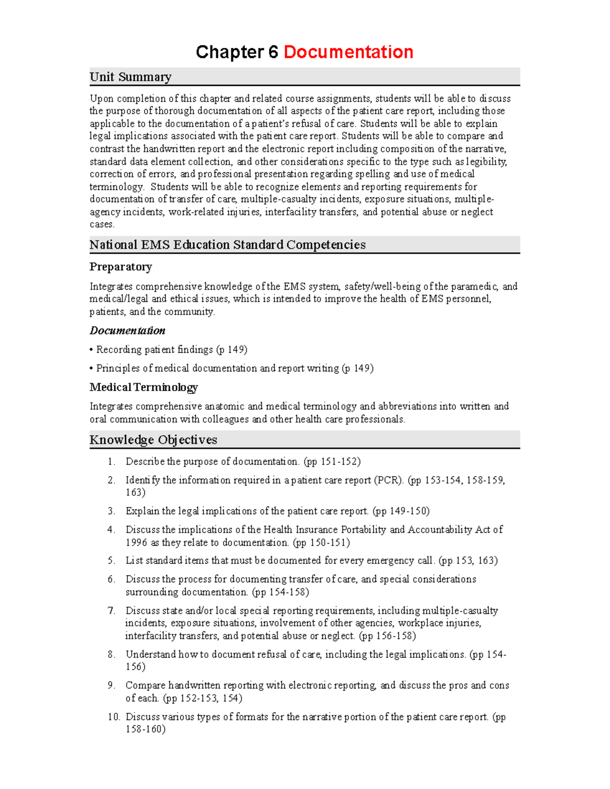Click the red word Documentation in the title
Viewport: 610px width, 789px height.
coord(348,52)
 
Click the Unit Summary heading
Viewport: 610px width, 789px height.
coord(130,77)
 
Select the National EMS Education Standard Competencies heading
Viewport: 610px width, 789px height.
coord(227,245)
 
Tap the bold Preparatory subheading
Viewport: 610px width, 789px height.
coord(120,267)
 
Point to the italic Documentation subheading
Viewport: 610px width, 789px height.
coord(127,331)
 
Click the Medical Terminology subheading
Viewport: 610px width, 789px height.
coord(143,388)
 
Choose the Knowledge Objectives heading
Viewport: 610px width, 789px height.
coord(153,440)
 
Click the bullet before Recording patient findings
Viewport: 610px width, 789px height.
coord(91,350)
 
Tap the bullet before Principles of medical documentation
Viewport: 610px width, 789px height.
coord(91,368)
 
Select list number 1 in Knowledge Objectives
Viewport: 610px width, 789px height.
coord(111,462)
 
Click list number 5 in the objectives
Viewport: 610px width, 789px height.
coord(111,560)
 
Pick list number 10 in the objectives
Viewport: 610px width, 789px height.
coord(113,717)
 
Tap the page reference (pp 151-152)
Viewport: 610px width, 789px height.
coord(332,462)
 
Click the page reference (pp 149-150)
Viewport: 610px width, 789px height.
coord(401,511)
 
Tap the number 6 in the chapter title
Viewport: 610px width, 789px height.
coord(273,52)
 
